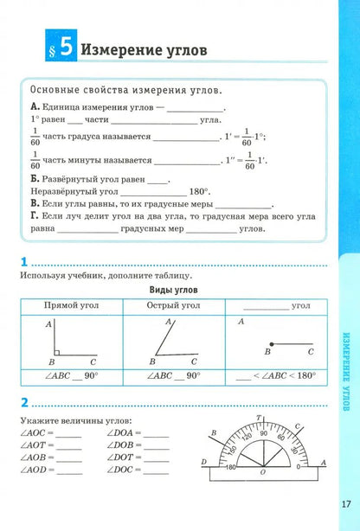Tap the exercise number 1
point(23,262)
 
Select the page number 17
point(345,502)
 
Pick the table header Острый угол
point(173,305)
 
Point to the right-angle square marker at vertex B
point(55,352)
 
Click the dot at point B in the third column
point(271,343)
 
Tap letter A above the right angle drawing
point(46,323)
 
